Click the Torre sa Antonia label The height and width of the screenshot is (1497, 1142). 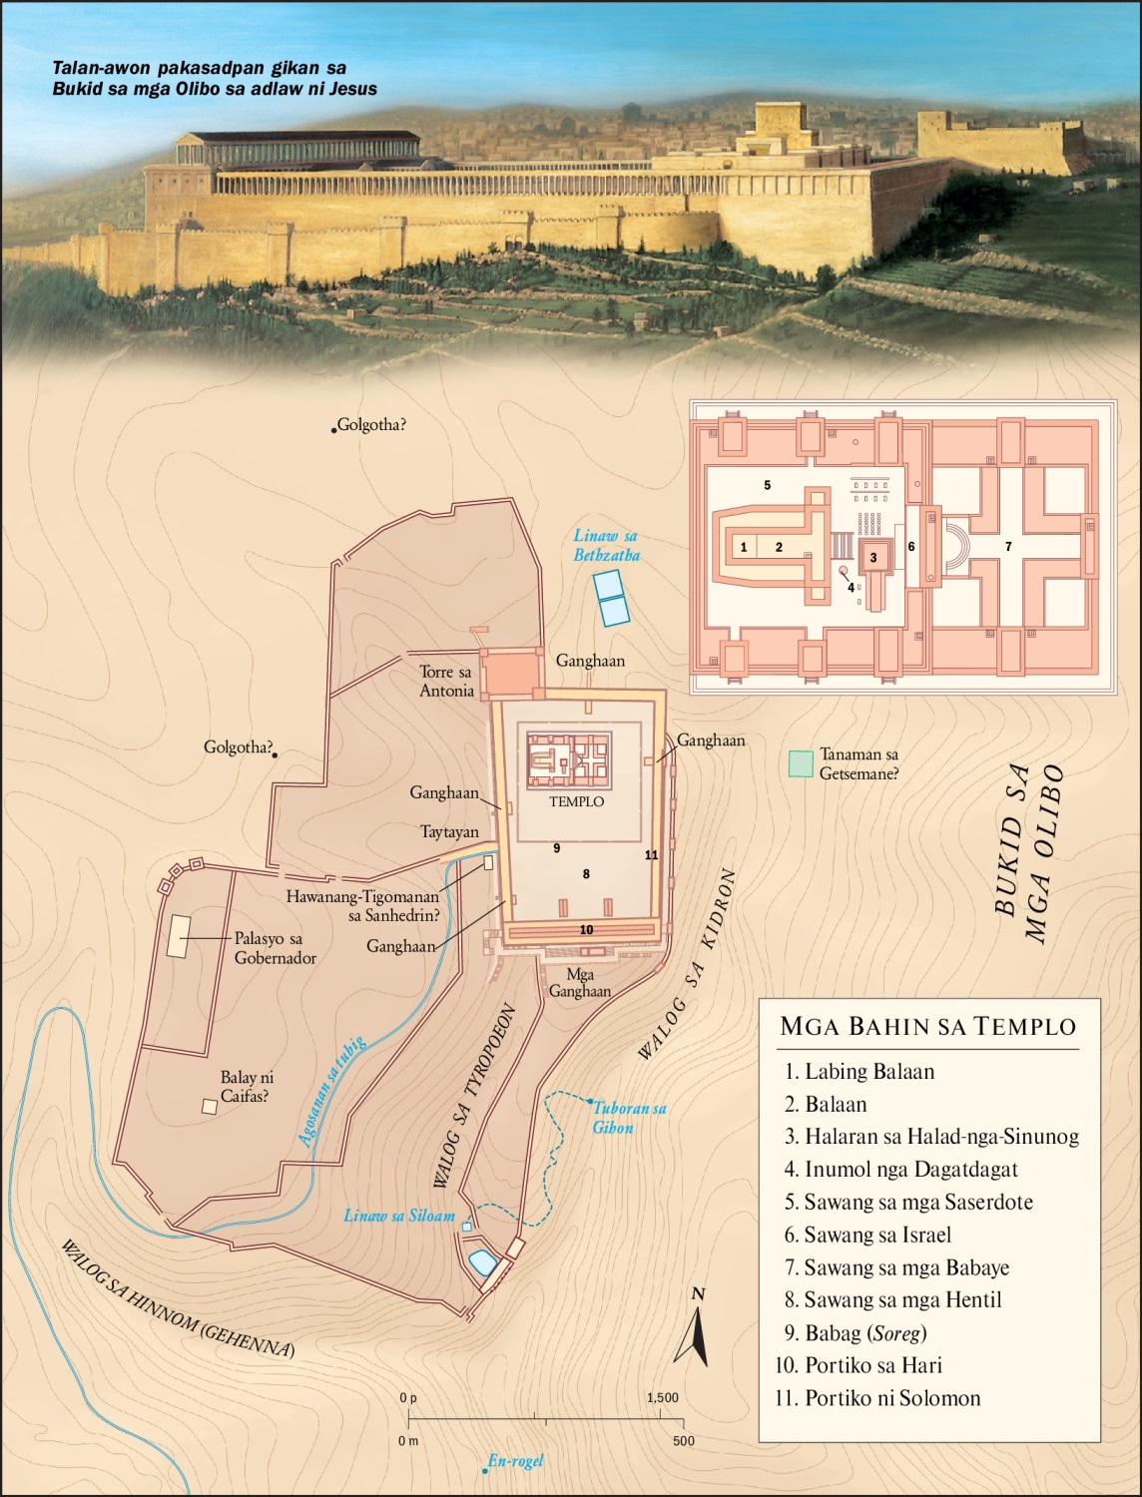pos(446,681)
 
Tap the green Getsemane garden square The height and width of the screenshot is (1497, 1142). pos(800,763)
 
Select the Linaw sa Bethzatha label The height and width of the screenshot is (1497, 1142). pos(606,546)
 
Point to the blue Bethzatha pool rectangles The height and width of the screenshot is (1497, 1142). pos(609,598)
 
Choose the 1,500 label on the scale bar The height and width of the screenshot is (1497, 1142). pos(663,1397)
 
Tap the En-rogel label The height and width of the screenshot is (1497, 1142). pos(515,1461)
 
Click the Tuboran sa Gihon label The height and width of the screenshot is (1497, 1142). pos(629,1117)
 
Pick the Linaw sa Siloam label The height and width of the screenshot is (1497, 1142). pos(399,1216)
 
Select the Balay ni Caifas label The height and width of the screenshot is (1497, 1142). pos(246,1087)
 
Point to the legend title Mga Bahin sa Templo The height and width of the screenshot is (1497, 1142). pos(927,1026)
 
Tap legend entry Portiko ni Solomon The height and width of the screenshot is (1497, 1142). pos(891,1397)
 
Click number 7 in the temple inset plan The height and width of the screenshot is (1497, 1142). pos(1008,547)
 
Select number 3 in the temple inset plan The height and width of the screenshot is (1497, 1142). pos(872,557)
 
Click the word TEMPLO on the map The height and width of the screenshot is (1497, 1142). pos(576,801)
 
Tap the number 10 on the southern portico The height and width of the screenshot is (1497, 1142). pos(586,930)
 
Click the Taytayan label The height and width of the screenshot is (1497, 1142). pos(449,831)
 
